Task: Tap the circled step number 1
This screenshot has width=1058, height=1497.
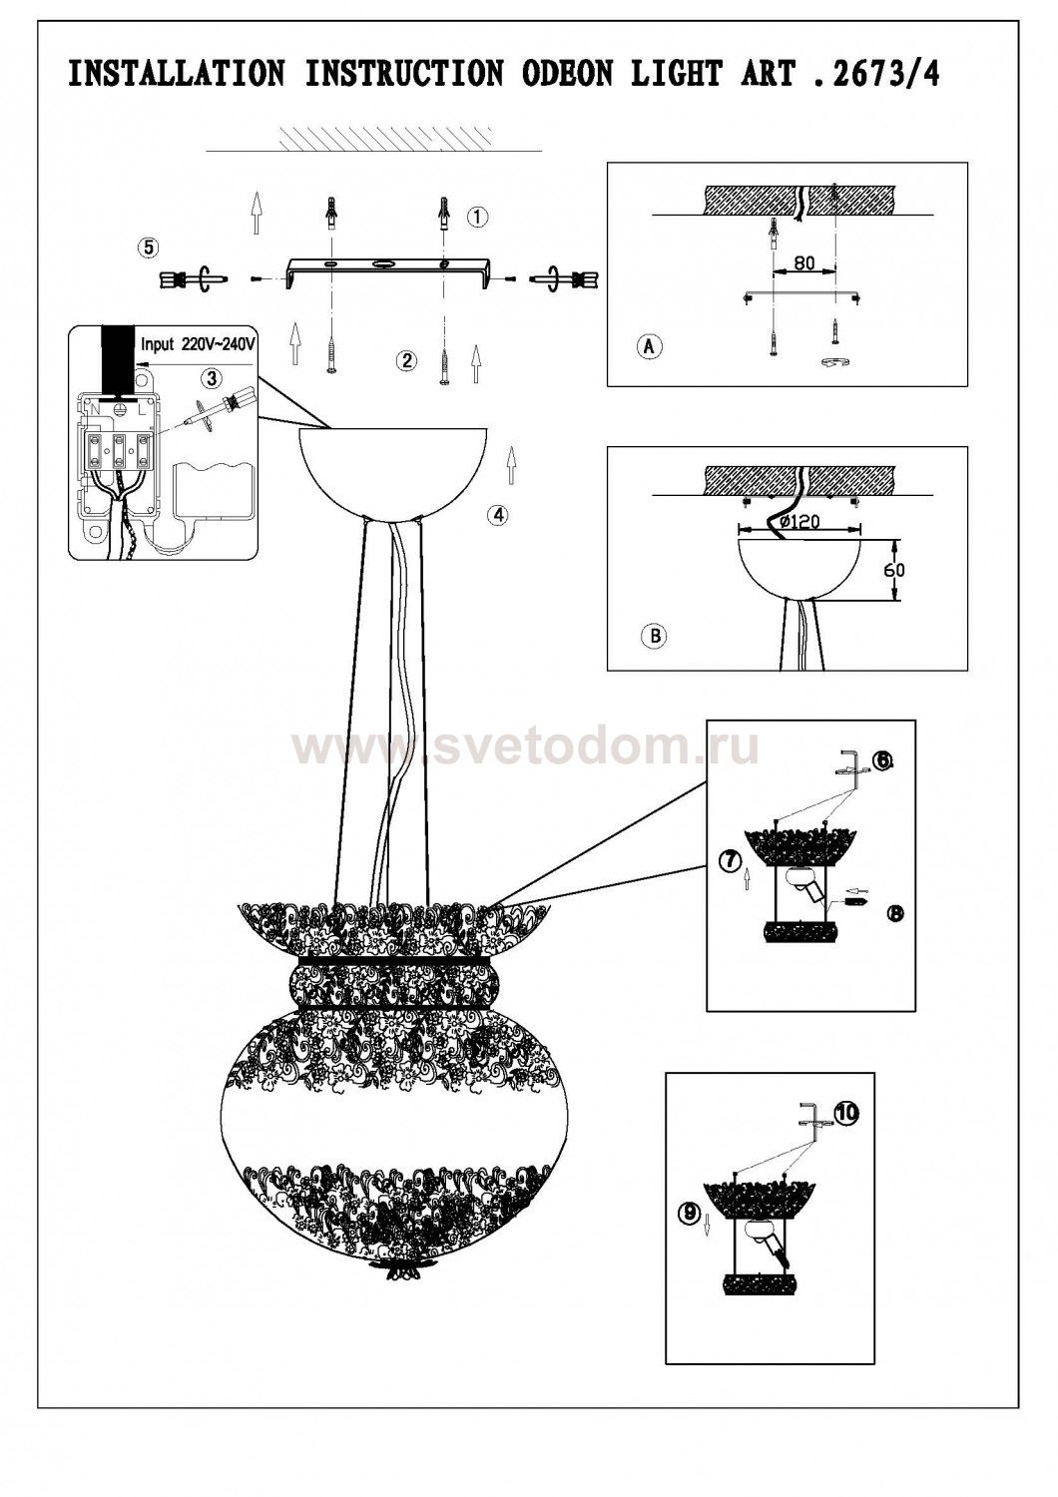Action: coord(477,217)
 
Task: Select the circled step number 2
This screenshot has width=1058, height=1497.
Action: coord(405,361)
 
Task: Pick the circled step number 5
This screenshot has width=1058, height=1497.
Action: coord(148,248)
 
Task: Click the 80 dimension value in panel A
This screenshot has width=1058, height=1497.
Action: coord(804,262)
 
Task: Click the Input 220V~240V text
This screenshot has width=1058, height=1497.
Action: coord(199,345)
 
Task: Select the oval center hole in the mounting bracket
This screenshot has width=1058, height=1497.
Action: coord(383,264)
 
